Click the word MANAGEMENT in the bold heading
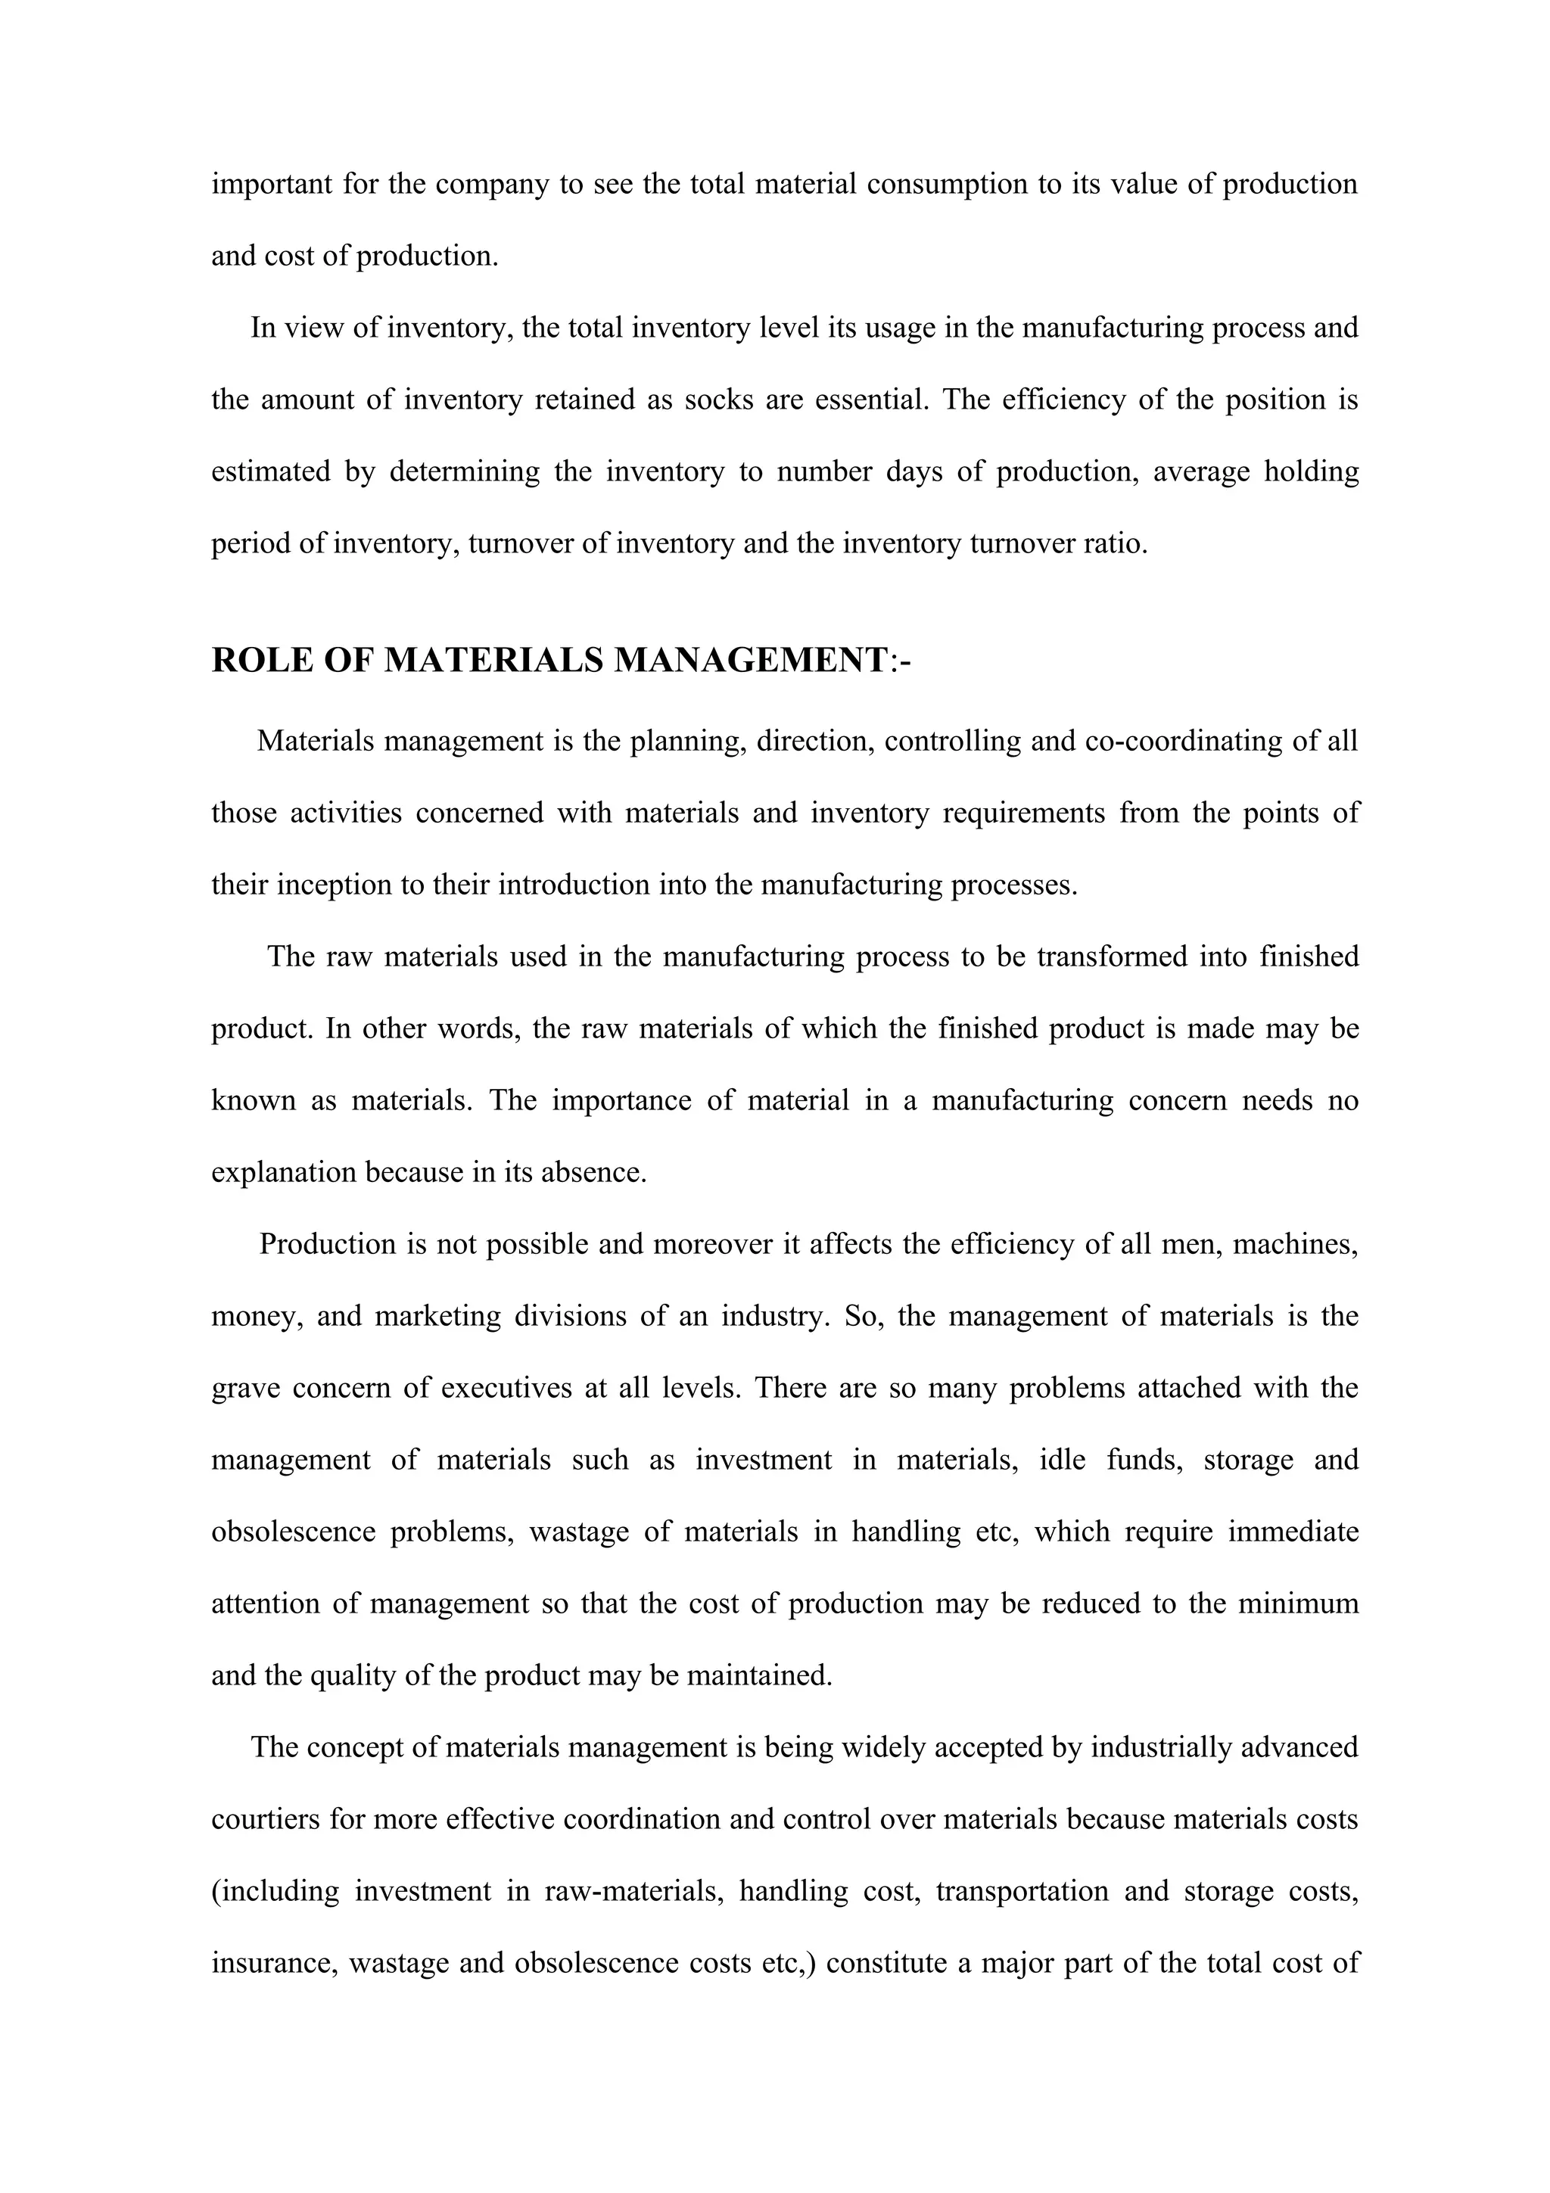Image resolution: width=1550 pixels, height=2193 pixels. (x=750, y=661)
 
